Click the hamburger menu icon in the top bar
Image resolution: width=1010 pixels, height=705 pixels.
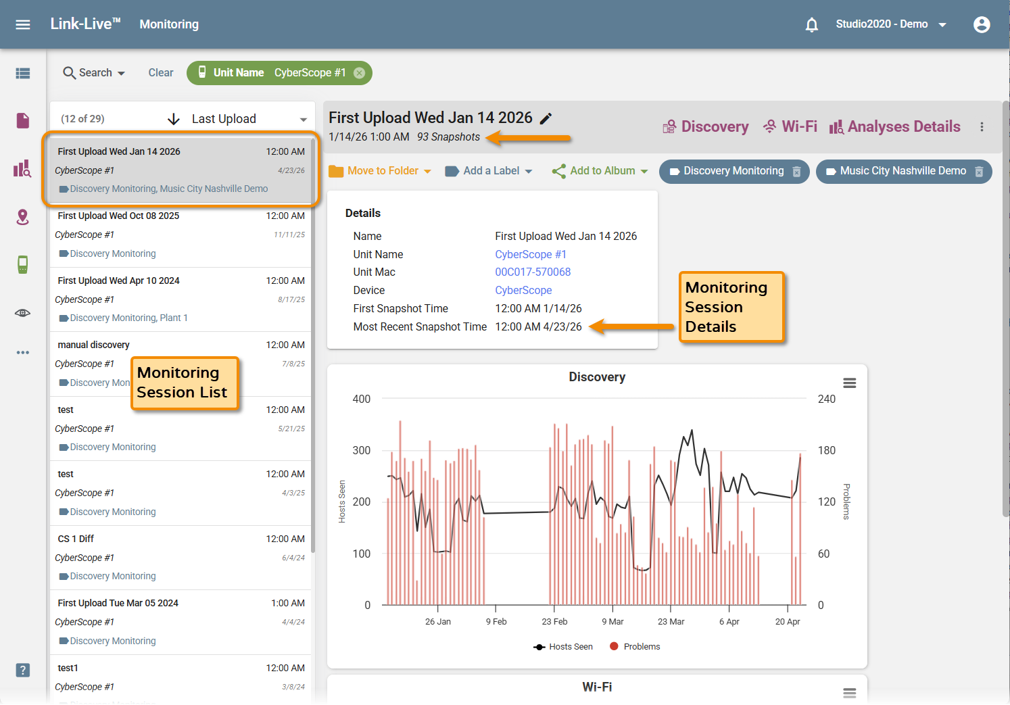22,24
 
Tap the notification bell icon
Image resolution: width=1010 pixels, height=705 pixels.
812,24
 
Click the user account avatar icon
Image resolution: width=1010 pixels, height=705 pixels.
982,24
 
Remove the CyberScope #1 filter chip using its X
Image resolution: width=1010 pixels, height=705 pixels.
360,73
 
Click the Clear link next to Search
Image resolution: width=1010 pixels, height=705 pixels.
160,72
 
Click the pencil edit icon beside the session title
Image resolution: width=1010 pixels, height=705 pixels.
546,118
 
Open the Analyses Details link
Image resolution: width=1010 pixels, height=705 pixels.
894,126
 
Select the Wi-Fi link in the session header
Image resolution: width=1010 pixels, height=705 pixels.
790,126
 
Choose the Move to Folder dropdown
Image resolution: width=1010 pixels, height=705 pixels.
380,171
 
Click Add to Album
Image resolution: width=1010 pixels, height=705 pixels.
600,171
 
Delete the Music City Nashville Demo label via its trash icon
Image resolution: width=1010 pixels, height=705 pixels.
979,172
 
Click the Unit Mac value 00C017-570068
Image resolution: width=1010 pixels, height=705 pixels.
533,272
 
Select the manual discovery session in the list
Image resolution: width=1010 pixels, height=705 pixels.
93,345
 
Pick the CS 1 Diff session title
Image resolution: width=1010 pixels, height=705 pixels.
76,539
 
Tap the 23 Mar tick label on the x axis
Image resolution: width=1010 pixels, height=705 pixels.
671,622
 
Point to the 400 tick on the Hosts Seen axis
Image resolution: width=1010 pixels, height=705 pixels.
362,399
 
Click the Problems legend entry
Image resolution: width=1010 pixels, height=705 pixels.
635,646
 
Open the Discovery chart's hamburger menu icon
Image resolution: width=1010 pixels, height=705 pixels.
850,383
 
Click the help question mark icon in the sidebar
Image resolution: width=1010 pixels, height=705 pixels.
22,671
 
